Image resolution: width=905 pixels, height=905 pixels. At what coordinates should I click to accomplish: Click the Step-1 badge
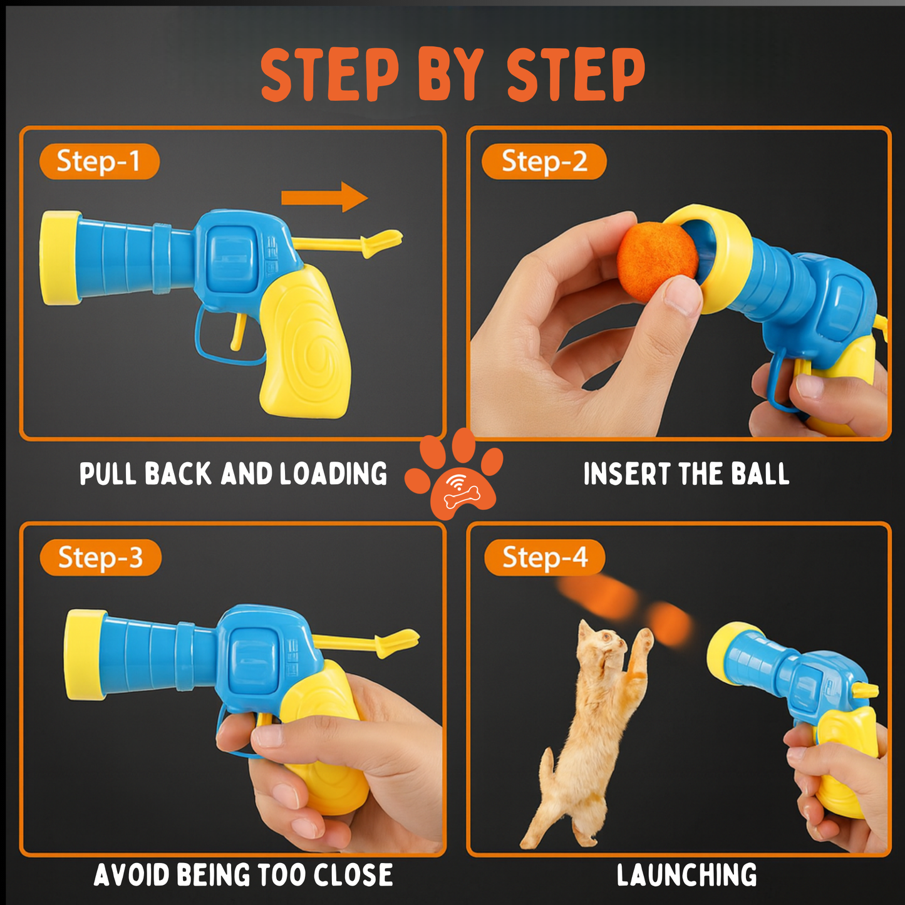pos(99,162)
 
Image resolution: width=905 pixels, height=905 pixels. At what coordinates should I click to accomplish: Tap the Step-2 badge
pos(544,162)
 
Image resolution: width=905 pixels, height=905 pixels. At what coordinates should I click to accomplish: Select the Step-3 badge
pos(100,557)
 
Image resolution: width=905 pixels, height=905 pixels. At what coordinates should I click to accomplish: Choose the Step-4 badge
pos(544,557)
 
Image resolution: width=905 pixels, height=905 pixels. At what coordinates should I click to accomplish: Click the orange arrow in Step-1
pos(324,197)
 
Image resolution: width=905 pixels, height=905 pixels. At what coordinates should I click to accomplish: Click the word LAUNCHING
pos(686,875)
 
